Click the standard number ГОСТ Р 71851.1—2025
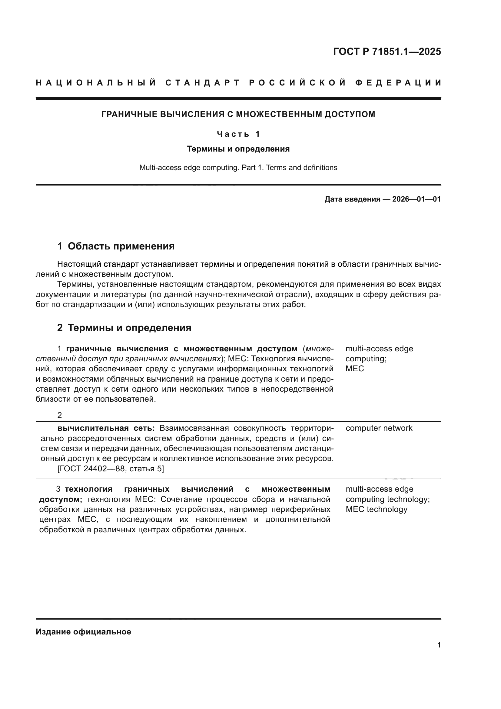(387, 52)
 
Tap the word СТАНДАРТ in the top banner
(203, 83)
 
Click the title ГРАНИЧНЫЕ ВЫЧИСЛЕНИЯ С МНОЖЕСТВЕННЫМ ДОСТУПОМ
(238, 114)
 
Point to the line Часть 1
(238, 134)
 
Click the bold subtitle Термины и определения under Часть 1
(238, 149)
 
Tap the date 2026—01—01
(416, 199)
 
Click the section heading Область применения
(121, 246)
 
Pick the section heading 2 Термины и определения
(124, 328)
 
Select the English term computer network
(379, 428)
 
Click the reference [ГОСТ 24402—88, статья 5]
(111, 469)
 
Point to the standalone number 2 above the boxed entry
(60, 415)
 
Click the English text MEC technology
(377, 509)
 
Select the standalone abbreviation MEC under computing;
(354, 369)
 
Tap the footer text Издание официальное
(83, 632)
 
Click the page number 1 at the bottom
(439, 645)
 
